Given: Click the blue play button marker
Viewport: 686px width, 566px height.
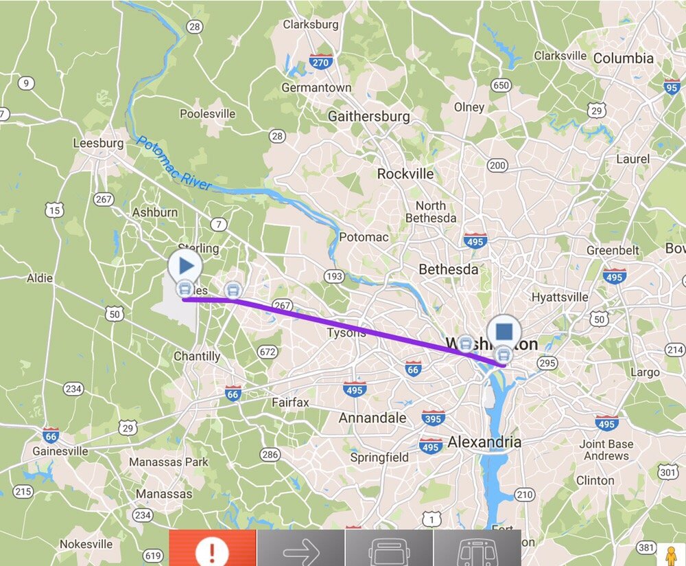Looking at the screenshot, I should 185,264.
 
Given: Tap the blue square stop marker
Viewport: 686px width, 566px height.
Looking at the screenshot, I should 504,332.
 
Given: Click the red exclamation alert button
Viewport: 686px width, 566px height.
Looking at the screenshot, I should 213,549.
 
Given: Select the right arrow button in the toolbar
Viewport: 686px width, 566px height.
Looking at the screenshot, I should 301,549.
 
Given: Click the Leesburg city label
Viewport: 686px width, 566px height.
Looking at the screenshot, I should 98,144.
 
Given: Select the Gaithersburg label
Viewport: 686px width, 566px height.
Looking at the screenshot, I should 368,116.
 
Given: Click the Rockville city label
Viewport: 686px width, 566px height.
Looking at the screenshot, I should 405,174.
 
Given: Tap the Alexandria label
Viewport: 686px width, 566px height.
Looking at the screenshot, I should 484,442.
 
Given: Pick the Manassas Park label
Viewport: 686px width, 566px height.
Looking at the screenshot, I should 169,461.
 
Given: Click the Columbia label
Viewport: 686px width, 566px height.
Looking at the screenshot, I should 623,58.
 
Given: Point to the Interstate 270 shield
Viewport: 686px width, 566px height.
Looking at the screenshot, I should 320,61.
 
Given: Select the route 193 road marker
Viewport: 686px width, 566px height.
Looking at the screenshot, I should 334,276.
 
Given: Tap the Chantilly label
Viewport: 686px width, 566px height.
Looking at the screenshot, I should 197,356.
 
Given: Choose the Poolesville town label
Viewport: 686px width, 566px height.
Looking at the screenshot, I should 207,114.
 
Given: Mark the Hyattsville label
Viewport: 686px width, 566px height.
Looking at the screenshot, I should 560,297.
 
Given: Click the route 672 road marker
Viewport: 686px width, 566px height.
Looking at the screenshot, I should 268,352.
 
